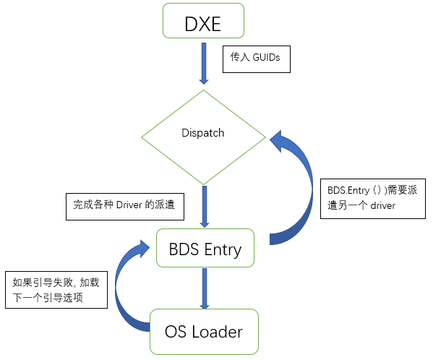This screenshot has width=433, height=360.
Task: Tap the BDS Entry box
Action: [x=206, y=249]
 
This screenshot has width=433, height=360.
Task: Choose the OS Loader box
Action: [x=203, y=332]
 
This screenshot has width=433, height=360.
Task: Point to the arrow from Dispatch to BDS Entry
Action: [x=205, y=207]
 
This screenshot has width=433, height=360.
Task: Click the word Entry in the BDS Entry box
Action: [x=222, y=249]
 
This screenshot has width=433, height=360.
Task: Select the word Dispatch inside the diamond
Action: [x=203, y=133]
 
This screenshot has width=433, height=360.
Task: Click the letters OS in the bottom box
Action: [x=176, y=332]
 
